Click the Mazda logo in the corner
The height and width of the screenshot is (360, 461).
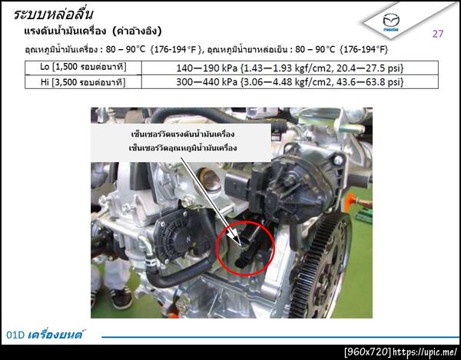click(x=391, y=21)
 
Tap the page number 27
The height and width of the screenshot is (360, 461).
click(x=437, y=34)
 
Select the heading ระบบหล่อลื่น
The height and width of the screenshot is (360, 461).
click(x=54, y=14)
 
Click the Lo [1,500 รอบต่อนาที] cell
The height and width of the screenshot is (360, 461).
click(x=83, y=68)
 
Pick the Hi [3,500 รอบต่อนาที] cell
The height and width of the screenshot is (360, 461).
click(x=83, y=82)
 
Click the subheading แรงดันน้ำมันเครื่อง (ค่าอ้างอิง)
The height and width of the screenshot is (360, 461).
click(x=93, y=31)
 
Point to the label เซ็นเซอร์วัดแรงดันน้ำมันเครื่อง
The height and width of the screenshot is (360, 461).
click(x=183, y=134)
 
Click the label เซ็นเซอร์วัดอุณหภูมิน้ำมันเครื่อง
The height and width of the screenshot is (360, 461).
click(x=183, y=147)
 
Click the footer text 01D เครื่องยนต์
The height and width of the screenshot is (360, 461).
click(x=45, y=335)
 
